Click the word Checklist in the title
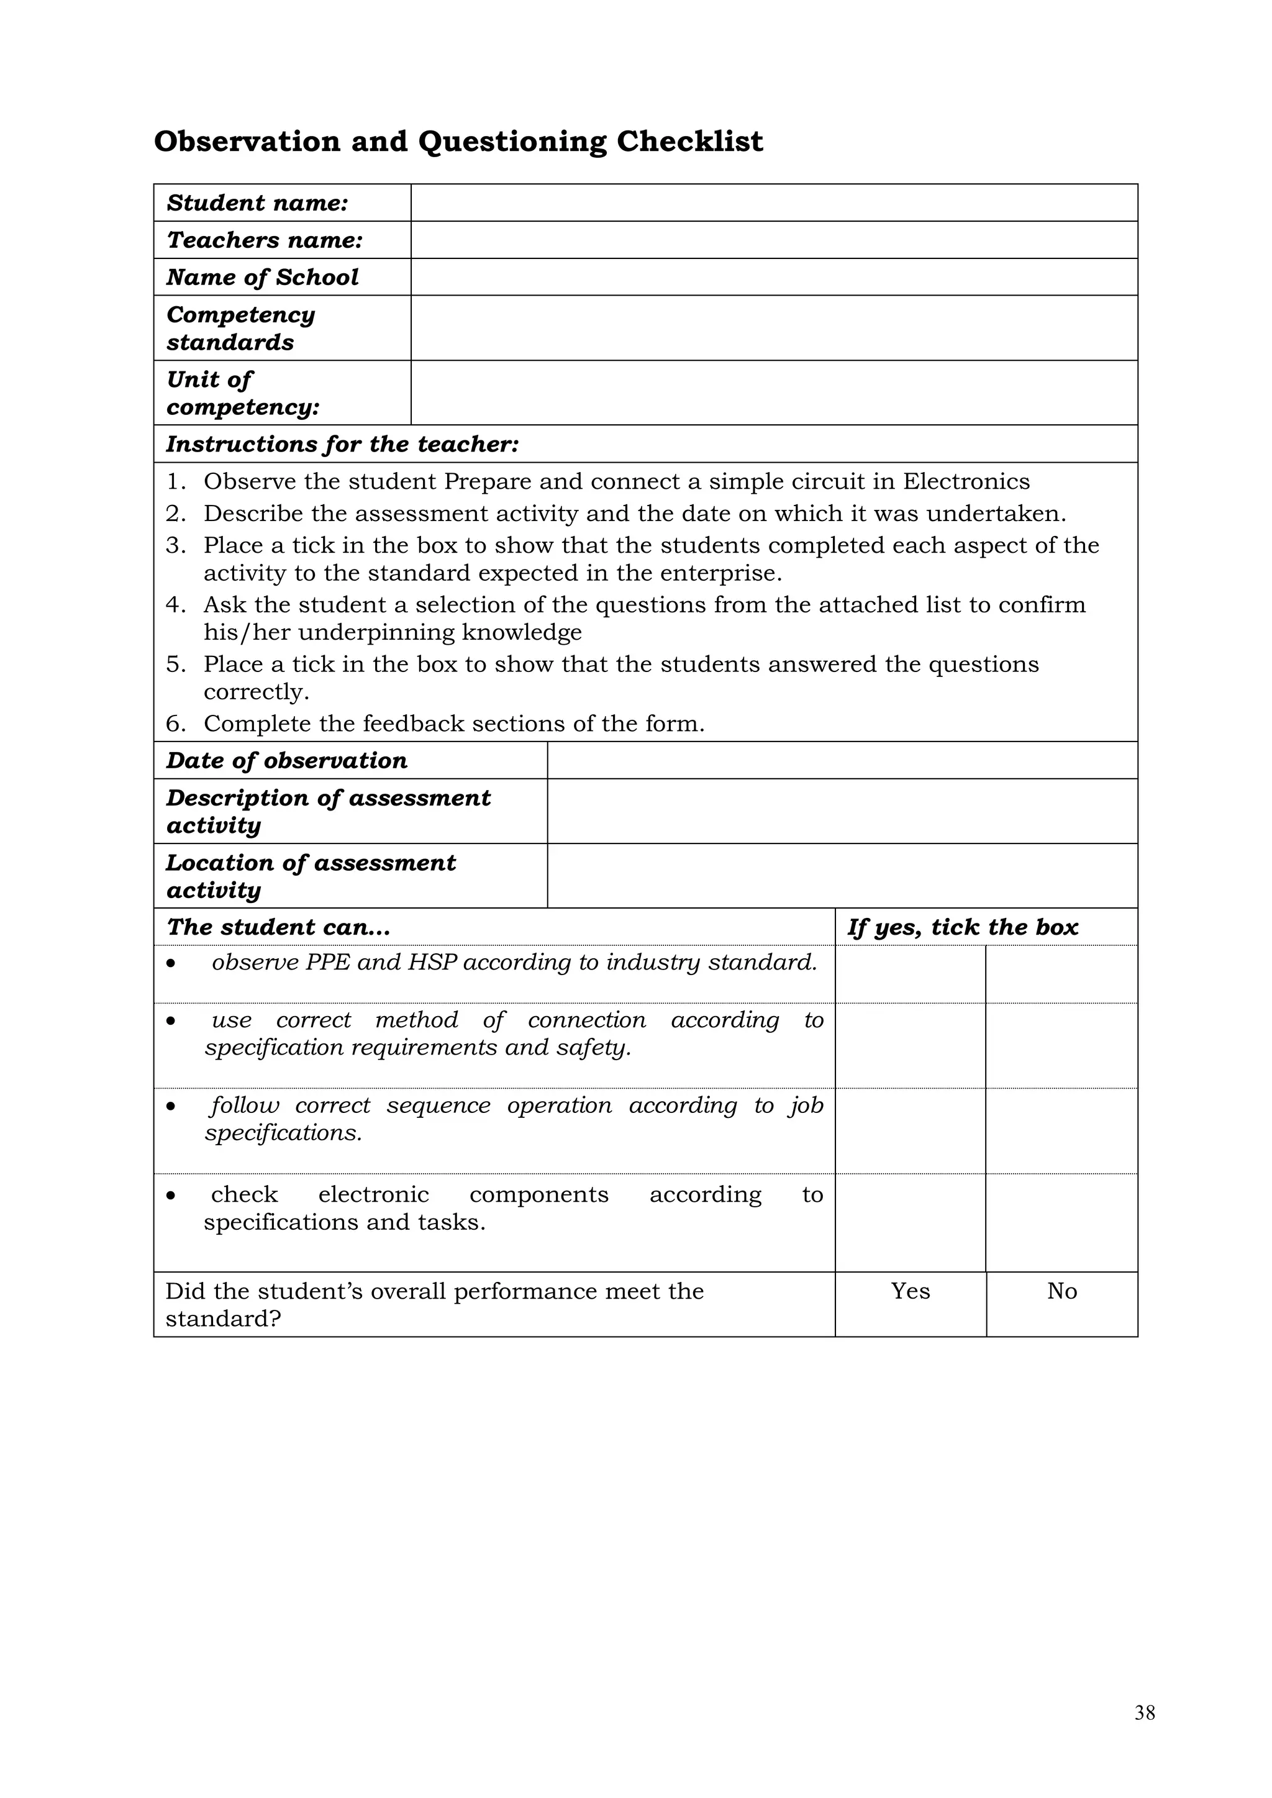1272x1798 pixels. [689, 142]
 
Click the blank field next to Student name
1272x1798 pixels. [774, 203]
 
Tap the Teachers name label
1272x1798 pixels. [264, 240]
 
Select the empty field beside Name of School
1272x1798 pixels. [774, 277]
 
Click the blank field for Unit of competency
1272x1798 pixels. [774, 393]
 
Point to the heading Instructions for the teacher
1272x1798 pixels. [342, 444]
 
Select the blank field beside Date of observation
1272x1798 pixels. [842, 760]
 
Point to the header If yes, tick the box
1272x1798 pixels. [963, 927]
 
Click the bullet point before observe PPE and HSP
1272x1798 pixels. [171, 963]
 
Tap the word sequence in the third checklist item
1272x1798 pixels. [438, 1105]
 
